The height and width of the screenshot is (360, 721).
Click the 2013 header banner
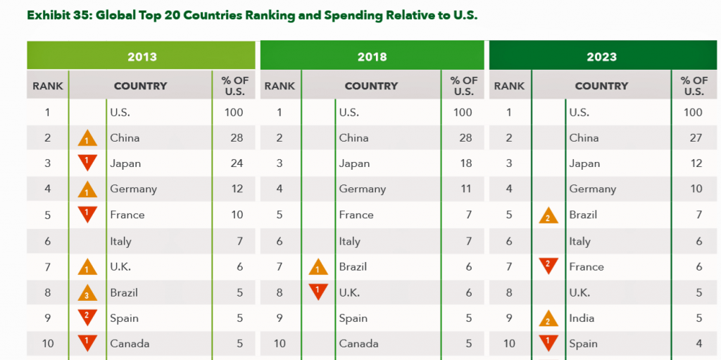click(142, 56)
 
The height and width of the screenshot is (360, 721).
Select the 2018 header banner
click(372, 56)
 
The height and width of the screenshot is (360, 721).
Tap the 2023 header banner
click(601, 56)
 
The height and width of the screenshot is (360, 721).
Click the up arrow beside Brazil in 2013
click(87, 292)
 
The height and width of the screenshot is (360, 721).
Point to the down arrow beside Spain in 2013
click(87, 317)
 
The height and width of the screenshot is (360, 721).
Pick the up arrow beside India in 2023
click(548, 318)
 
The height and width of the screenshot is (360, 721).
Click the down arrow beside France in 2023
click(548, 266)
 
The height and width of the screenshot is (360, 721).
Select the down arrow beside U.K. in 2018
click(318, 291)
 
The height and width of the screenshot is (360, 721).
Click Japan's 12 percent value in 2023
click(696, 163)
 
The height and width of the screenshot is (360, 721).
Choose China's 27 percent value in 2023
click(696, 138)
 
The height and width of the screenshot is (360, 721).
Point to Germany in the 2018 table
click(362, 189)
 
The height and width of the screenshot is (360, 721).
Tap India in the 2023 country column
click(582, 318)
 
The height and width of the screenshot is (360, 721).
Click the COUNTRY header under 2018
click(371, 86)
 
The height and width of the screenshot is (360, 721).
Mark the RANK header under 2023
click(509, 86)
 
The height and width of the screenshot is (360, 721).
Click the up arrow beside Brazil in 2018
click(318, 267)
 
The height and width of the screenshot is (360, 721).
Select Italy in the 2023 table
click(579, 241)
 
